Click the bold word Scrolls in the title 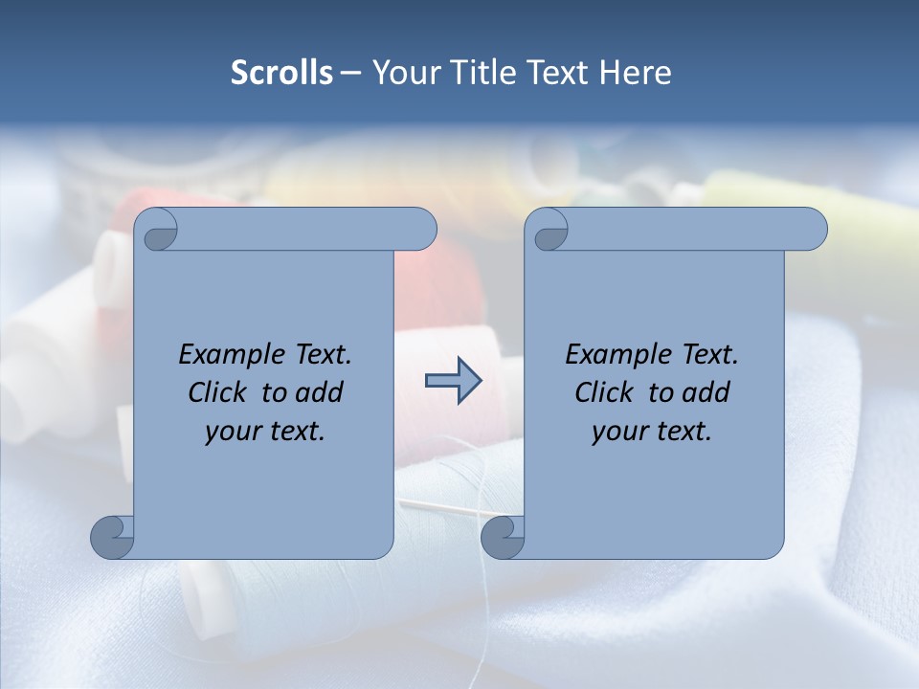click(281, 73)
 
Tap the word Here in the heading click(636, 73)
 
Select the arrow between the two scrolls click(453, 381)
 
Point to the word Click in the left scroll click(219, 393)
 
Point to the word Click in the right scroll click(604, 393)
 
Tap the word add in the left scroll click(318, 393)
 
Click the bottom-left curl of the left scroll click(113, 537)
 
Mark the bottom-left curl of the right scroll click(503, 537)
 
